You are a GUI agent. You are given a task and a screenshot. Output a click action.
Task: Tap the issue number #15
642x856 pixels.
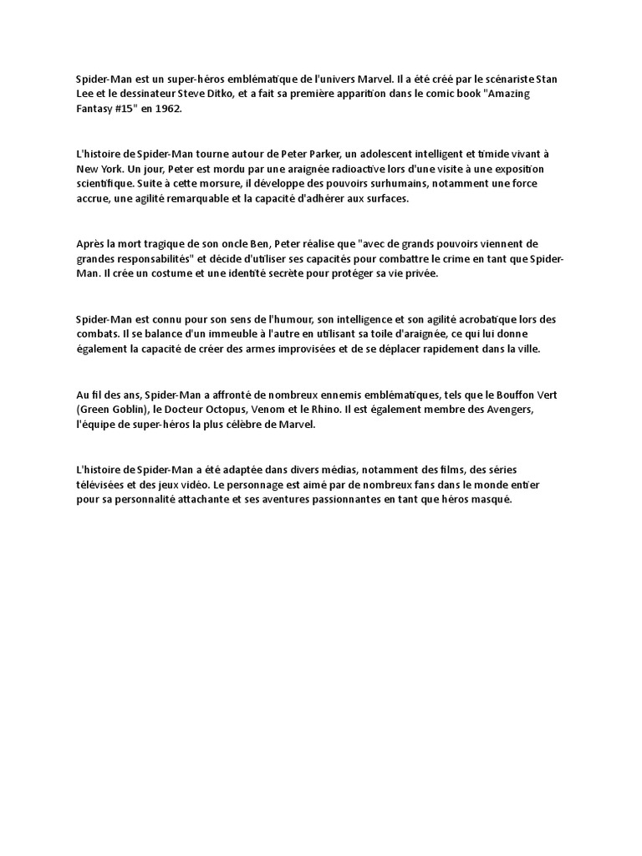(124, 110)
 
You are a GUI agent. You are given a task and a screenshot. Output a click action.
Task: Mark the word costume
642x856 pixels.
(166, 274)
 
